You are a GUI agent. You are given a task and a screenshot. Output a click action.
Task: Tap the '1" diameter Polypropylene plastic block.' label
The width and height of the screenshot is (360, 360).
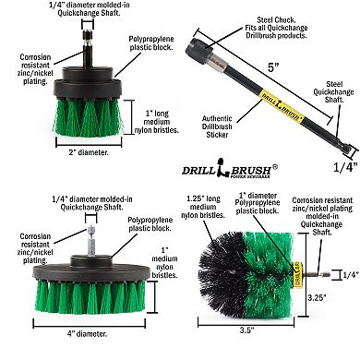[272, 209]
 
